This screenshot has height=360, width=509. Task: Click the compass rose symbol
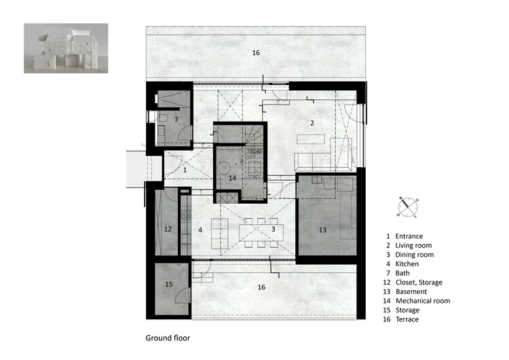tap(407, 207)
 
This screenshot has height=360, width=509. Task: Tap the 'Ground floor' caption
tap(168, 338)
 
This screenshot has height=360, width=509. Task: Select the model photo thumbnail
tap(66, 48)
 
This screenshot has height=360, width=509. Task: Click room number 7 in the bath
tap(176, 120)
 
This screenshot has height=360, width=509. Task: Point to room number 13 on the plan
tap(322, 230)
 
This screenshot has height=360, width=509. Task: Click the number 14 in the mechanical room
tap(232, 178)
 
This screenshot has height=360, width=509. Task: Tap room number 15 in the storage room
tap(169, 285)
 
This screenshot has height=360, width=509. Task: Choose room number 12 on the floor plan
tap(168, 229)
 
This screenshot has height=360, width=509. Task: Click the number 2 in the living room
tap(312, 123)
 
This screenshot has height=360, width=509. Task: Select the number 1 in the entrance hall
tap(185, 170)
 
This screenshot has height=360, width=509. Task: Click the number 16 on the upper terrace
tap(256, 52)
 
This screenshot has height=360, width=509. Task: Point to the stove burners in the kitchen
tap(186, 215)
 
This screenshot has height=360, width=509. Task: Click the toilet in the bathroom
tap(162, 118)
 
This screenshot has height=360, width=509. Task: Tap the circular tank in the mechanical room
tap(224, 168)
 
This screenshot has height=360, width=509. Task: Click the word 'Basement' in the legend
tap(411, 291)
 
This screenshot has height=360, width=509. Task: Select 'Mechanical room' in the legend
tap(423, 301)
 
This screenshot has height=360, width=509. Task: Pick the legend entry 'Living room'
tap(413, 245)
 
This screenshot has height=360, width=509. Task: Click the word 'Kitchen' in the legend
tap(407, 264)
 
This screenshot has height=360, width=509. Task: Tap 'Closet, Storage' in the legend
tap(419, 283)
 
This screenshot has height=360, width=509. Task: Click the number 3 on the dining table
tap(274, 229)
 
